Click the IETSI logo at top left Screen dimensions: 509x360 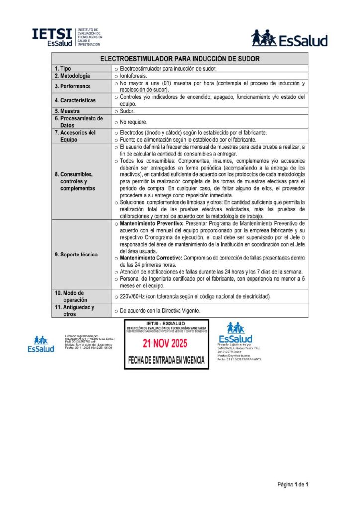68,37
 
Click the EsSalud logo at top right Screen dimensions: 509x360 289,38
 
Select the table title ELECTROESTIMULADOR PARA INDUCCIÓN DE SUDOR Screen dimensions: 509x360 180,59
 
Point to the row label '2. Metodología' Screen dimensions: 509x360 72,76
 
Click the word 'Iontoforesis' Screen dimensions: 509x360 134,76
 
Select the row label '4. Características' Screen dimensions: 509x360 75,100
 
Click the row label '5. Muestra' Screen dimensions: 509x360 67,111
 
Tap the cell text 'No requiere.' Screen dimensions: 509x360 134,122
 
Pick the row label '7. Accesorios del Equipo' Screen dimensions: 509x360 75,136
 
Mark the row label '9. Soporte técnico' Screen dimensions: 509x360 76,254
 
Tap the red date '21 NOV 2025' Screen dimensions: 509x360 166,343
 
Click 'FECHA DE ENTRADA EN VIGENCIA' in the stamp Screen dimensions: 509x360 166,360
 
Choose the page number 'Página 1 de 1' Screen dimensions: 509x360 293,484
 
